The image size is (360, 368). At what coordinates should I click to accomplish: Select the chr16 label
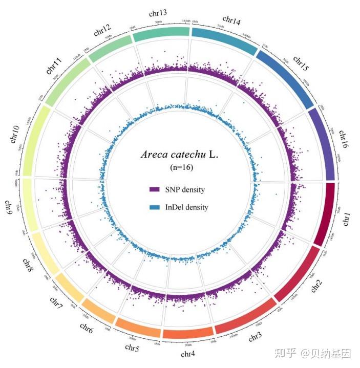343,139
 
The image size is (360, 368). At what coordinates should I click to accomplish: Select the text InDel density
186,207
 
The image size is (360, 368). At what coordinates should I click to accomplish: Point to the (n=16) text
182,167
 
